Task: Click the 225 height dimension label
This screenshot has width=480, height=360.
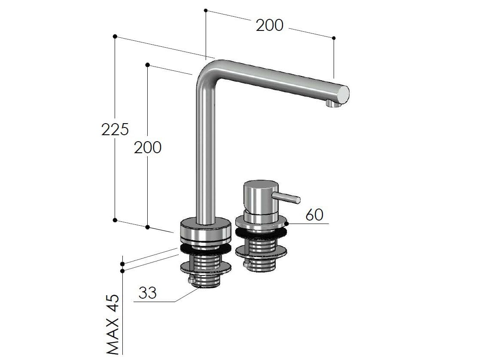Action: tap(115, 129)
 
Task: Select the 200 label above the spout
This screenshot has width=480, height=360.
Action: tap(270, 25)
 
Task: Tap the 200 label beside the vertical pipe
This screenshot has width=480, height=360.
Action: tap(148, 147)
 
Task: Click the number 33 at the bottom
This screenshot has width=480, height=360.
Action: tap(147, 293)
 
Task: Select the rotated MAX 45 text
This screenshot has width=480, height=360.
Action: tap(112, 324)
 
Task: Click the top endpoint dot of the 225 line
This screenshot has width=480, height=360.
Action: tap(115, 36)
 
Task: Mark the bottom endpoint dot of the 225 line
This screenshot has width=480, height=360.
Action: tap(115, 220)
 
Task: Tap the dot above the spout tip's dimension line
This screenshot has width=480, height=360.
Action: tap(334, 38)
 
